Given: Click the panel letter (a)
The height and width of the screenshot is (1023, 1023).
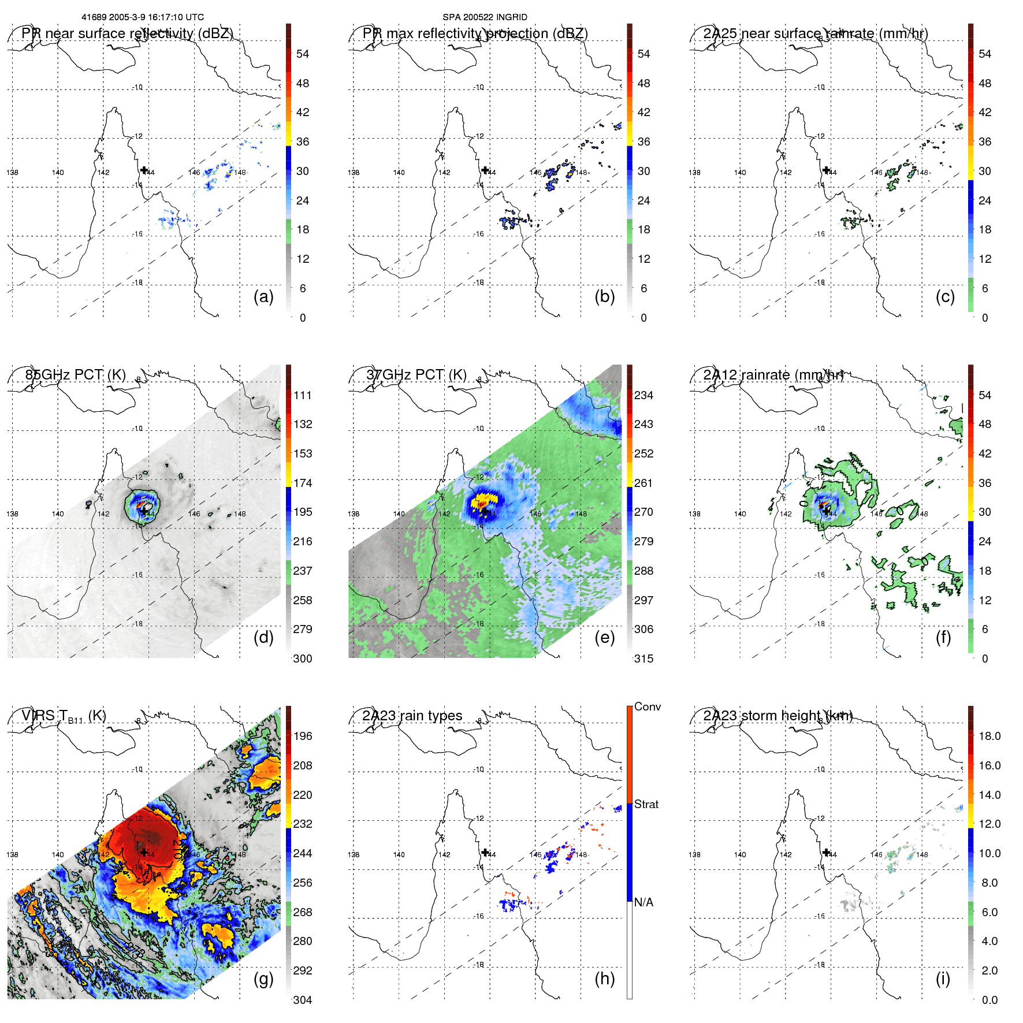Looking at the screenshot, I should coord(263,296).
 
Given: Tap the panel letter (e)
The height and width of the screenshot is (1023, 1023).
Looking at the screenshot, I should coord(604,637).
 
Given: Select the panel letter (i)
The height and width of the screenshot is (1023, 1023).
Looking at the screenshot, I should coord(943,979).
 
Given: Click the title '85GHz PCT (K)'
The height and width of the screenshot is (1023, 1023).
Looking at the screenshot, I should coord(76,374).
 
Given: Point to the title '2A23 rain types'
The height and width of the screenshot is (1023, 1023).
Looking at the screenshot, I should coord(412,716).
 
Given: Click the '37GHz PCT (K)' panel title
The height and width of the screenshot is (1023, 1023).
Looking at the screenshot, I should coord(416,374).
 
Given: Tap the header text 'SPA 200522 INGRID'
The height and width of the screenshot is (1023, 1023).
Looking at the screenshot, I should coord(485,17).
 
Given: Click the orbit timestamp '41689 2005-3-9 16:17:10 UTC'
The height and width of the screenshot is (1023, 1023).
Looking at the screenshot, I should coord(143,17).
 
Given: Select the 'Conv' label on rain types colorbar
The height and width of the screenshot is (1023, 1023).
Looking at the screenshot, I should coord(647,706).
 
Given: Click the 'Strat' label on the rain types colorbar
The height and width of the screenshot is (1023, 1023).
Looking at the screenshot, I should coord(646,804).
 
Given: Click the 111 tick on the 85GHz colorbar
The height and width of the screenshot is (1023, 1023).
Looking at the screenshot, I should coord(303,395).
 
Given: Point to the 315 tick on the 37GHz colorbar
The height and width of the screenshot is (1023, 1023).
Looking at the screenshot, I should coord(643,659).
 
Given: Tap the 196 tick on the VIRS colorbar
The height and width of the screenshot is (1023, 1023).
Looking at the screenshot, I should coord(303,736).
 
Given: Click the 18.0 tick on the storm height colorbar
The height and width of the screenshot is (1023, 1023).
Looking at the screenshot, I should coord(989,736).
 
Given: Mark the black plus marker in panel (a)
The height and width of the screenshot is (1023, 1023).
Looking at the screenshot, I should coord(144,170).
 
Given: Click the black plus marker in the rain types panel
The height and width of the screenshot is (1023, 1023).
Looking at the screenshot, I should coord(485,852).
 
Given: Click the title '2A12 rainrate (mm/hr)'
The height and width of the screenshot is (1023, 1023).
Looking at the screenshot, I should coord(773,374).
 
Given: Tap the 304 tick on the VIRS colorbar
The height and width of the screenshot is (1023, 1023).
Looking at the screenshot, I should coord(303,1000).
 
